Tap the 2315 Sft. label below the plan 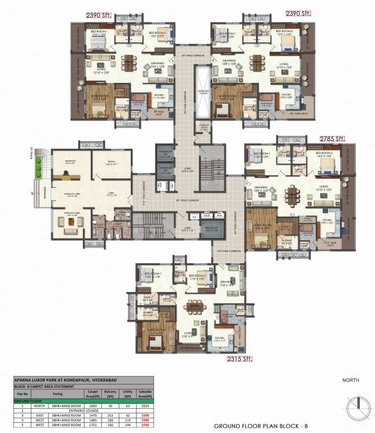pos(240,359)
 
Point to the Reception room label pos(71,162)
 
